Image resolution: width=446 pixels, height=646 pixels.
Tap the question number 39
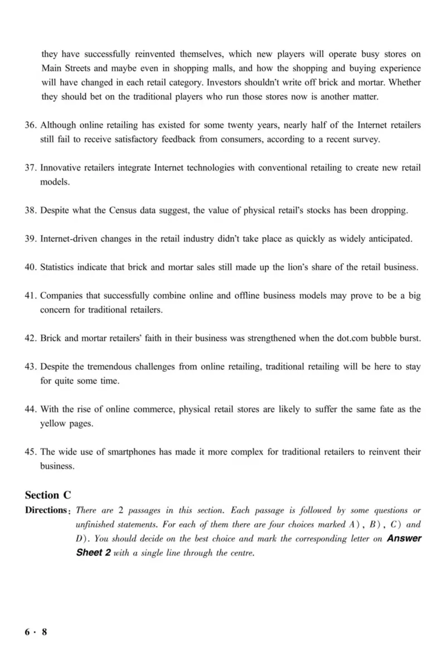31,239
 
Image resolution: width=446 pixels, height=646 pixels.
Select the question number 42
31,338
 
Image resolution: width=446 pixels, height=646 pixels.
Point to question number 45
31,452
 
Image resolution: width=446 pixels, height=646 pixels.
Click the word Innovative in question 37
62,168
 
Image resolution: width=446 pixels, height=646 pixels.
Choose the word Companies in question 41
62,295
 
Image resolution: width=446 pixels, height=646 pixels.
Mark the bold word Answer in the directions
404,539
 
